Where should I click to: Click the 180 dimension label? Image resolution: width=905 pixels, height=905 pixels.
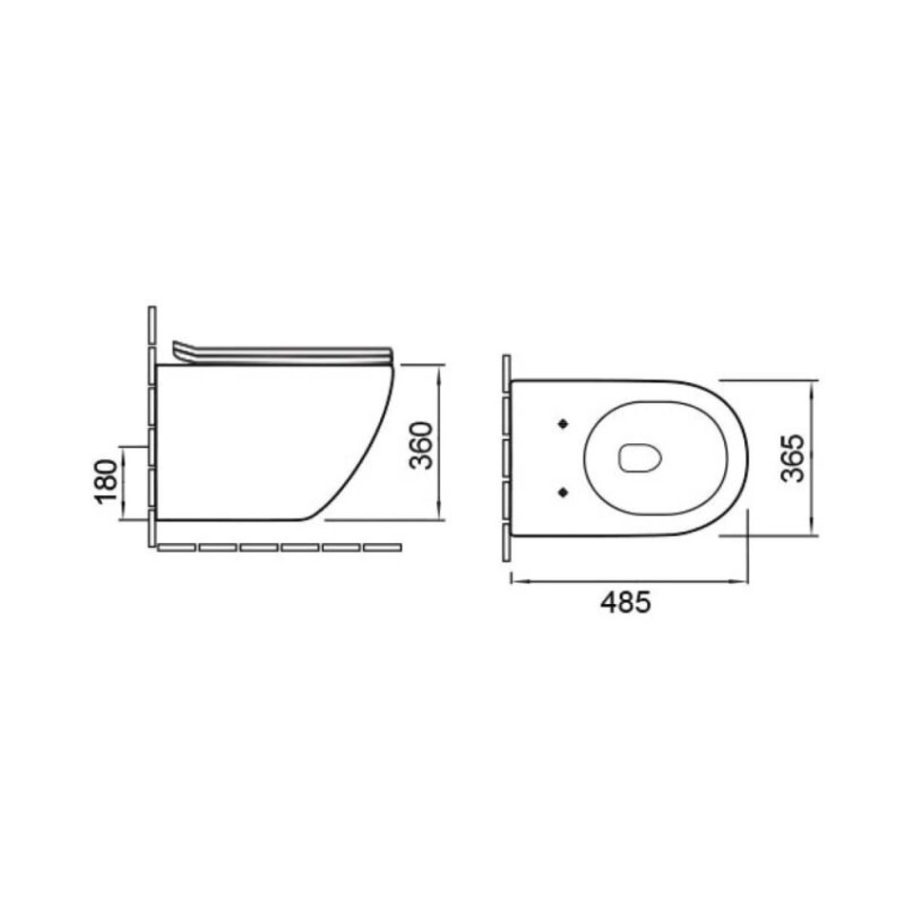click(106, 482)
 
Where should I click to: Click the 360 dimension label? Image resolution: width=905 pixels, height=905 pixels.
click(420, 445)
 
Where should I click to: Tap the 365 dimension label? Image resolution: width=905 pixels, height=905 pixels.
click(792, 457)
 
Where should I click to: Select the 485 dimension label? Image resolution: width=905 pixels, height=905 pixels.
click(626, 603)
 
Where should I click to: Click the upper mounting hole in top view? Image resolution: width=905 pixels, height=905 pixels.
click(563, 424)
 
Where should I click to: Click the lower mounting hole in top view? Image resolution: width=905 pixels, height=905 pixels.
click(563, 492)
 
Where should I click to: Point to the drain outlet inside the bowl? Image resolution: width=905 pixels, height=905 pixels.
click(639, 458)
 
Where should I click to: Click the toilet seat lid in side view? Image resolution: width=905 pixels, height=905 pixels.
click(283, 353)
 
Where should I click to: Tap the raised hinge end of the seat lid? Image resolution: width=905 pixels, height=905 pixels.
click(180, 350)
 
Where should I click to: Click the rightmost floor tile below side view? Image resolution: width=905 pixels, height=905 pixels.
click(383, 547)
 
